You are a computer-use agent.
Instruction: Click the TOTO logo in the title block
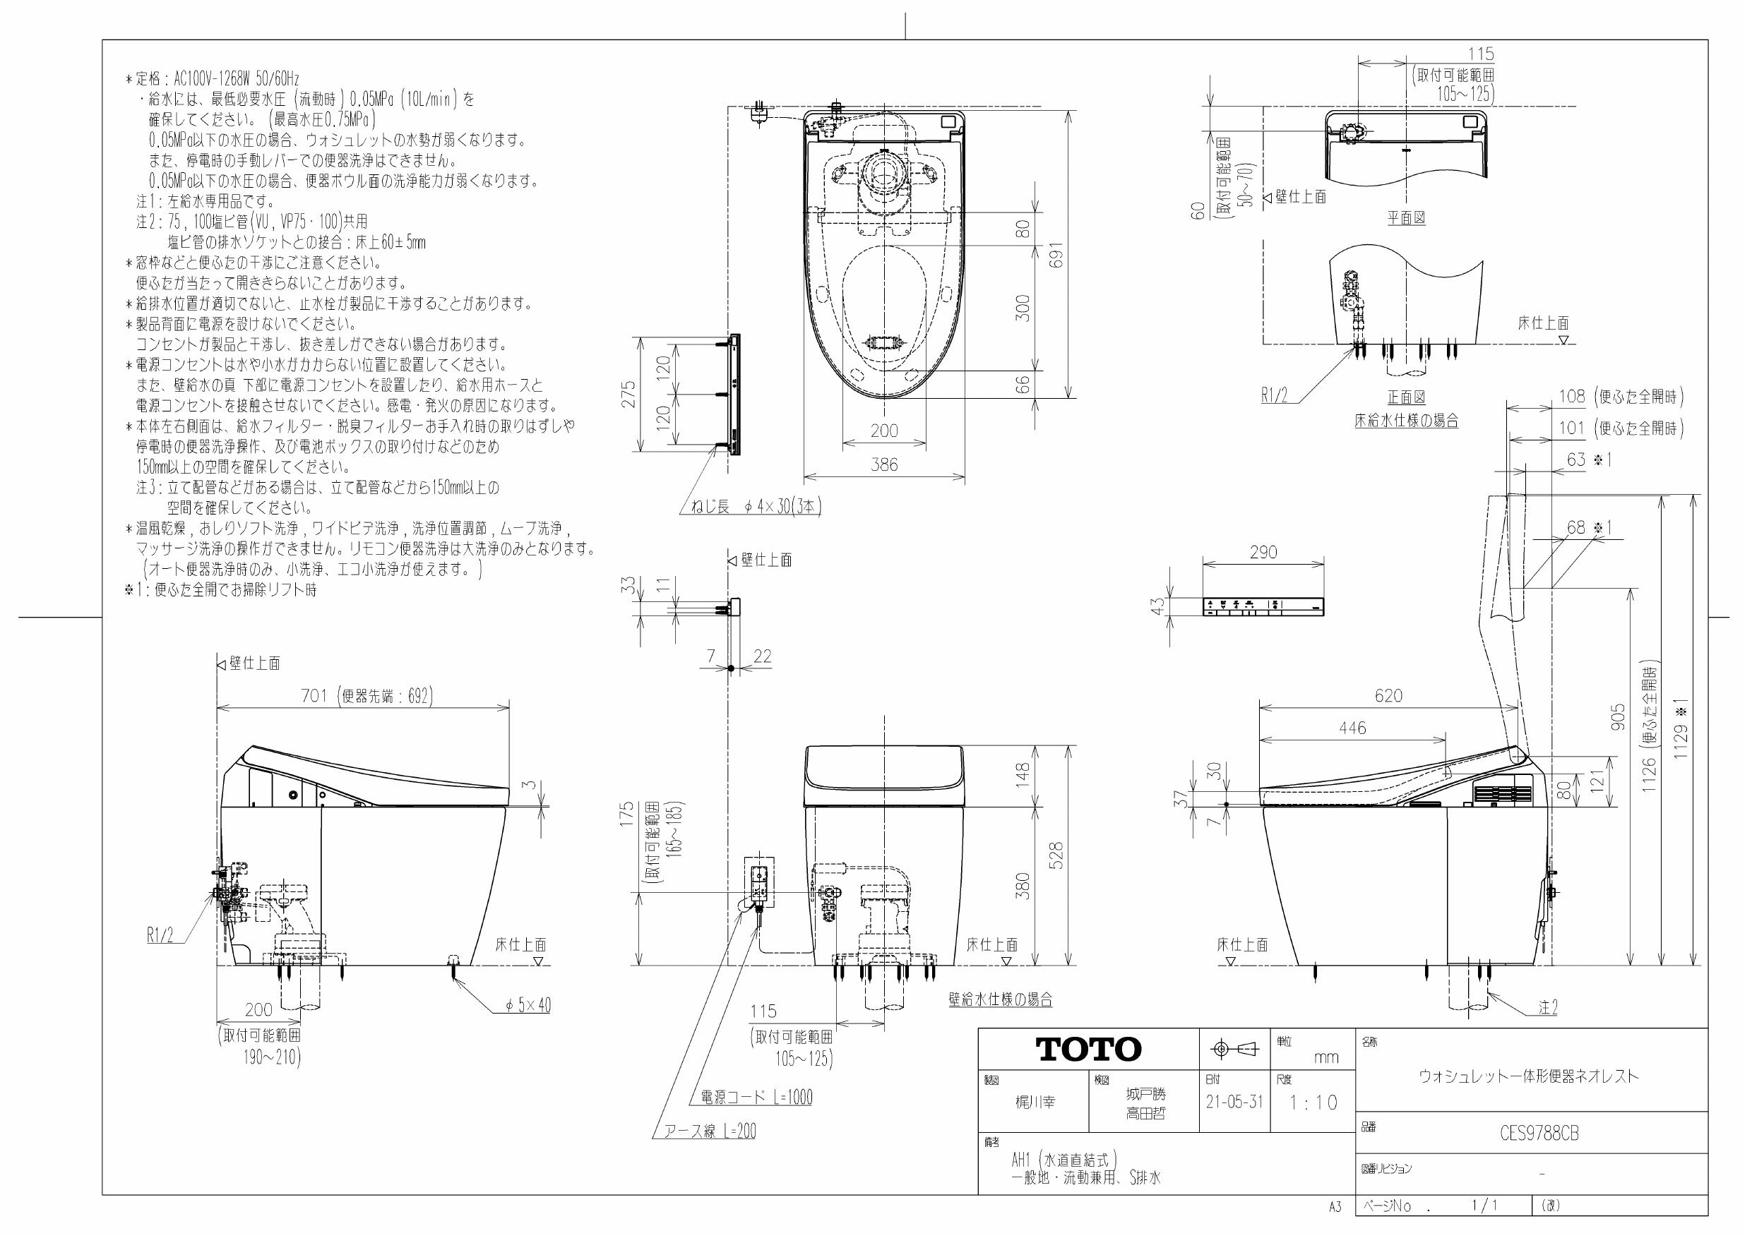click(x=1088, y=1050)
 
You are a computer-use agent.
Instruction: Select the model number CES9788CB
click(x=1538, y=1134)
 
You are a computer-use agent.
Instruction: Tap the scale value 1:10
click(x=1313, y=1102)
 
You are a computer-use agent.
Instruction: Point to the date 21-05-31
click(x=1234, y=1102)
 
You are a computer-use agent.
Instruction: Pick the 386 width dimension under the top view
click(x=884, y=464)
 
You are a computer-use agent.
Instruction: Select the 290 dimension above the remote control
click(x=1263, y=551)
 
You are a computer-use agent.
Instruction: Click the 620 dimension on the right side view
click(x=1388, y=696)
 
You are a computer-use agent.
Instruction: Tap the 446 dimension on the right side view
click(x=1352, y=728)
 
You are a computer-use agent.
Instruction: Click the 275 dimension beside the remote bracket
click(x=628, y=395)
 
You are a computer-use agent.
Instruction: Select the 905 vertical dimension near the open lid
click(x=1617, y=717)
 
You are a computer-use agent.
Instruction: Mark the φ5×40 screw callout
click(x=528, y=1005)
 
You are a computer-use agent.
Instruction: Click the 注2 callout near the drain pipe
click(x=1547, y=1008)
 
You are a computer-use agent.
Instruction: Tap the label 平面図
click(x=1406, y=217)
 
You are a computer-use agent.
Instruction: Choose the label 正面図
click(x=1406, y=397)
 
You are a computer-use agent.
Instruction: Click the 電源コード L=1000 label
click(x=756, y=1097)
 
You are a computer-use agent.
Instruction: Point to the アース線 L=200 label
click(x=710, y=1131)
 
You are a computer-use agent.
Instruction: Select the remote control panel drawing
click(x=1263, y=606)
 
